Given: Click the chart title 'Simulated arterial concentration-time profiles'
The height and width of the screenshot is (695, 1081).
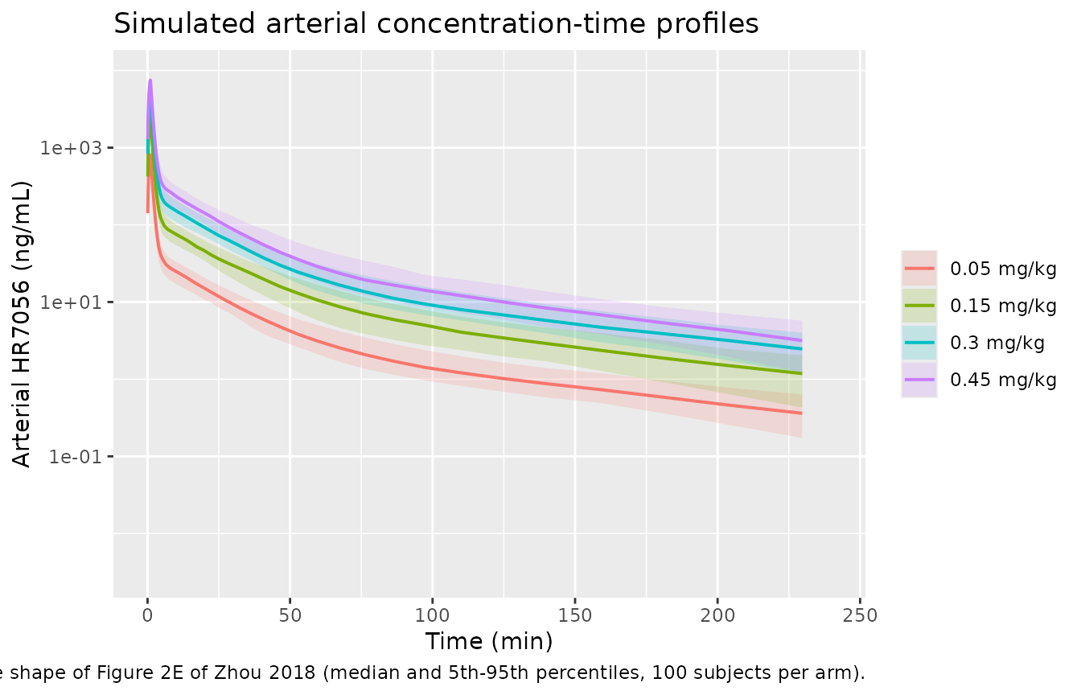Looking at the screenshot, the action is click(x=436, y=23).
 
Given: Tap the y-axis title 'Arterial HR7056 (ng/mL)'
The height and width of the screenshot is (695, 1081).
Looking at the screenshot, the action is click(x=22, y=324).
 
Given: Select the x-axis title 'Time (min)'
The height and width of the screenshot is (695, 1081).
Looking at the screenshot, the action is click(x=489, y=642).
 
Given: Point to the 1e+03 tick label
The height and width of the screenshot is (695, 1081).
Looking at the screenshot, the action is click(x=72, y=148).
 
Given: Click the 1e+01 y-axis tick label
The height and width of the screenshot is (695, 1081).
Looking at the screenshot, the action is click(x=72, y=302).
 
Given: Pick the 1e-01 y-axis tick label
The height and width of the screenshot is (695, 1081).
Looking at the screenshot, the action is click(x=76, y=457).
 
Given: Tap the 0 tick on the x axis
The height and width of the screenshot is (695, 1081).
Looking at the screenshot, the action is click(x=148, y=615).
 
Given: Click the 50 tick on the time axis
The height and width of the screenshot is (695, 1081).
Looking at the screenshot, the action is click(x=290, y=615).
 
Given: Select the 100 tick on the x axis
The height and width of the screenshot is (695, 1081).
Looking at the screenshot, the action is click(x=433, y=615).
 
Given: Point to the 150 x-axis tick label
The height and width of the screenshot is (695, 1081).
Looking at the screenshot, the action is click(x=575, y=615).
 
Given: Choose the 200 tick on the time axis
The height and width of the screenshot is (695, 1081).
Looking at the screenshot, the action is click(x=717, y=615).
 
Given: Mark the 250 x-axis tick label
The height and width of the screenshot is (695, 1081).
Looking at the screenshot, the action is click(x=860, y=615).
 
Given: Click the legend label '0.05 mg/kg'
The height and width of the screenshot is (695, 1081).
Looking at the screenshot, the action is click(x=1003, y=269).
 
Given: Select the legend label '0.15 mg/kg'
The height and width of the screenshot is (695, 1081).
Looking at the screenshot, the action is click(x=1003, y=306).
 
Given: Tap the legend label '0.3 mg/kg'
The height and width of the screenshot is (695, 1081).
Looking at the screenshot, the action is click(x=997, y=343).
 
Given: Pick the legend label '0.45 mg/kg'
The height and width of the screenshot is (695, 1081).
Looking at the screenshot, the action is click(x=1003, y=380).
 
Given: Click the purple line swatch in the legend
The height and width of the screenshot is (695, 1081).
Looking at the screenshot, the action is click(x=919, y=380).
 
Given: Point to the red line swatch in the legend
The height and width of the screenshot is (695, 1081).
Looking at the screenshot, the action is click(x=919, y=269).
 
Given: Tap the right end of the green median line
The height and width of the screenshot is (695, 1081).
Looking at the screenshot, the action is click(x=802, y=373).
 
